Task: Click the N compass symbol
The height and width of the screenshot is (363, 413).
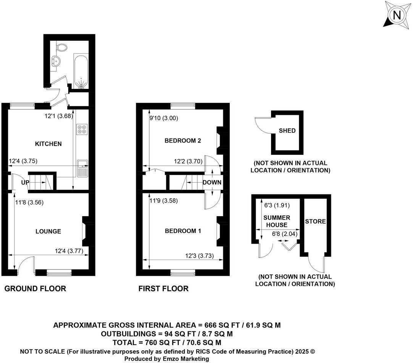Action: pos(397,15)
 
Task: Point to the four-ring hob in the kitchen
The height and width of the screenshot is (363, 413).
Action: pos(81,129)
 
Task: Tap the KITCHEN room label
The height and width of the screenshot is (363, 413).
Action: pos(48,144)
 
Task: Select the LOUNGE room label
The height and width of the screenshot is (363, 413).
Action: pos(48,231)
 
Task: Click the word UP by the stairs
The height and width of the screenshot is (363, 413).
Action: pos(25,183)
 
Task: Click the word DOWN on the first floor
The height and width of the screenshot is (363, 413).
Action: pos(212,182)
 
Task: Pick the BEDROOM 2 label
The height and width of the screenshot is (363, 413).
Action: pos(182,141)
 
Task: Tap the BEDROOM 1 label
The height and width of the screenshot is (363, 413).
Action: pos(183,231)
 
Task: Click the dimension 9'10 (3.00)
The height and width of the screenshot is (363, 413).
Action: pos(164,118)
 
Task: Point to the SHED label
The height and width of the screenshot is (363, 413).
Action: pos(287,130)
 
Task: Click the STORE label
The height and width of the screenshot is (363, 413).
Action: pos(315,221)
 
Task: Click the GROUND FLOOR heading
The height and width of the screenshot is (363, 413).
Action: pos(35,289)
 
